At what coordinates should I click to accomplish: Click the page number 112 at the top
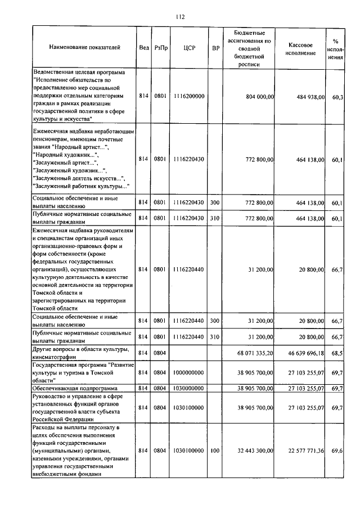pos(181,17)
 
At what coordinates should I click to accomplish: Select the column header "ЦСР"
pos(189,48)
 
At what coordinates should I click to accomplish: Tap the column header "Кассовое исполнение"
pos(304,48)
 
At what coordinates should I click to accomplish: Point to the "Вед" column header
pos(144,48)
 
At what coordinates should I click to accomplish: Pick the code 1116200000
pos(189,97)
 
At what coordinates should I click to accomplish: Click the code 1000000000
pos(189,372)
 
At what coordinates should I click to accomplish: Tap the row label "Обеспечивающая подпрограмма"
pos(75,389)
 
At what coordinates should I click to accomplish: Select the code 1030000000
pos(189,389)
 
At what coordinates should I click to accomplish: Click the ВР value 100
pos(214,451)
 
